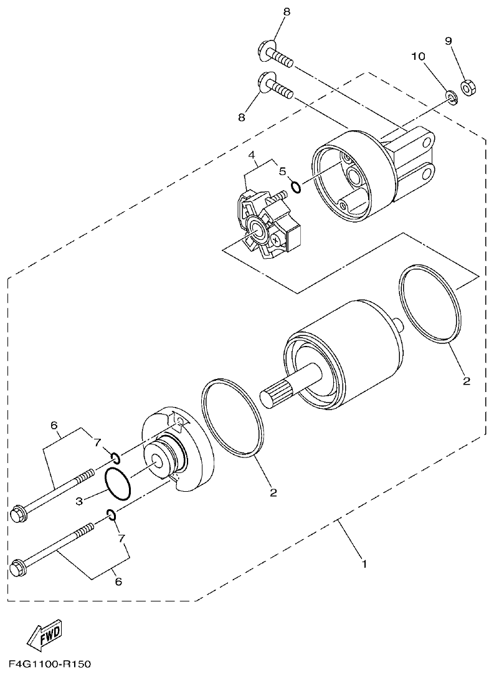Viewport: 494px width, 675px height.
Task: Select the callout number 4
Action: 252,155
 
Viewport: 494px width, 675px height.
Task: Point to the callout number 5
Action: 282,170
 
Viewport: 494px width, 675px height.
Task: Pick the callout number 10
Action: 418,57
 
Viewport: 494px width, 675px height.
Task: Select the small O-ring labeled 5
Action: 297,186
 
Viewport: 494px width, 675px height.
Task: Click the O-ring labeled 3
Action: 118,484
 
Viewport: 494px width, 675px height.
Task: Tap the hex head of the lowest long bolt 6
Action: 19,568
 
